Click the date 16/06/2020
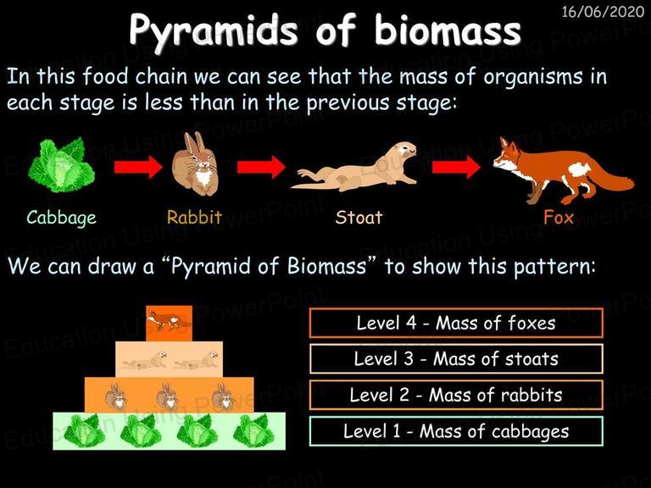pos(603,11)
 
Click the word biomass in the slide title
pos(448,30)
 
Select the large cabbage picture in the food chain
pos(61,164)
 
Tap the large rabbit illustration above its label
pos(195,164)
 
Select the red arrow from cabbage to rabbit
pos(138,167)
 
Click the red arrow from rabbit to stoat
pos(261,167)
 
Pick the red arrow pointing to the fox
pos(456,167)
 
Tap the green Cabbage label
pos(61,218)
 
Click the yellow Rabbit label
pos(194,217)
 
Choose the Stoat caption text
pos(359,217)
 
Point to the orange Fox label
pos(559,217)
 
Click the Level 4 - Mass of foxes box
pos(456,323)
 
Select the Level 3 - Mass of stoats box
pos(456,359)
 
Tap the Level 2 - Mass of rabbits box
pos(456,395)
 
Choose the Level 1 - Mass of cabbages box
pos(456,431)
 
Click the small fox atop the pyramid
pos(168,321)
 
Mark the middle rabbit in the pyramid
pos(169,396)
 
